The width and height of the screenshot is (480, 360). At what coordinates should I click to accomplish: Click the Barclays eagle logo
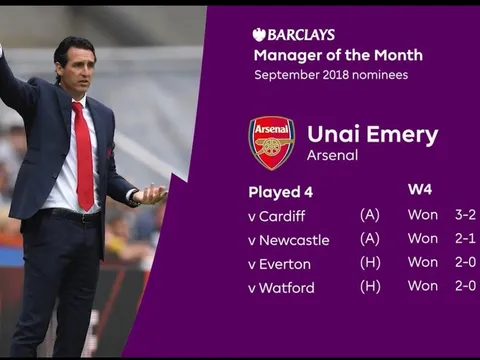click(x=259, y=35)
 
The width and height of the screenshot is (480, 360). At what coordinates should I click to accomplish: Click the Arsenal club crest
click(x=272, y=143)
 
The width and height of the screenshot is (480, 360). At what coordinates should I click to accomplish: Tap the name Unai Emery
click(x=373, y=135)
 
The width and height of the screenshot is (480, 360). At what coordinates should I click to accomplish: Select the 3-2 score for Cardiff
click(x=465, y=215)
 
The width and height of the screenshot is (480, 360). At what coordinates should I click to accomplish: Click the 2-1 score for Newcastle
click(x=465, y=239)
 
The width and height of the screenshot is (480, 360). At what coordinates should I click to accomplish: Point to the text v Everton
click(x=279, y=264)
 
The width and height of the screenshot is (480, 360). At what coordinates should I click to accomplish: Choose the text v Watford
click(x=281, y=288)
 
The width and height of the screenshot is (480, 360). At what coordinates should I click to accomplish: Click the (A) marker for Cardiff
click(x=370, y=215)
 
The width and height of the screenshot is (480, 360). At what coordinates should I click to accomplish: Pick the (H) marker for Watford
click(x=370, y=287)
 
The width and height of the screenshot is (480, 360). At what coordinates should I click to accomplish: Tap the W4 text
click(x=420, y=190)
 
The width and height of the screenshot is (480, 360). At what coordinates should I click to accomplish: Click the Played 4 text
click(x=281, y=192)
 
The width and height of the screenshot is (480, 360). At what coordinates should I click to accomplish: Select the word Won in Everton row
click(x=423, y=262)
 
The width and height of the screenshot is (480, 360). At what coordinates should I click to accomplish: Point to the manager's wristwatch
click(x=133, y=197)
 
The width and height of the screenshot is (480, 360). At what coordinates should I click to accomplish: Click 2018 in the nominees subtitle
click(x=336, y=75)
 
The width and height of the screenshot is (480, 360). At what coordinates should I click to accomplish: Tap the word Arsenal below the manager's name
click(x=332, y=155)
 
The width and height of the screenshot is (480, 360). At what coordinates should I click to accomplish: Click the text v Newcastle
click(x=289, y=240)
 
